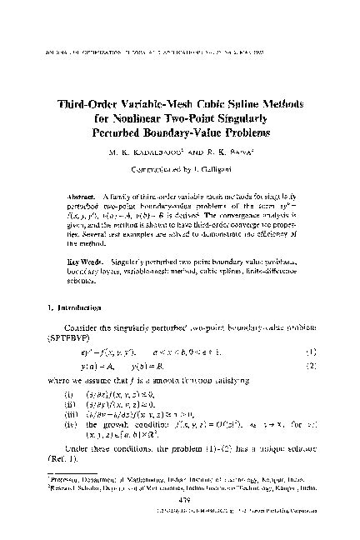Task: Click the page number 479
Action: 180,510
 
